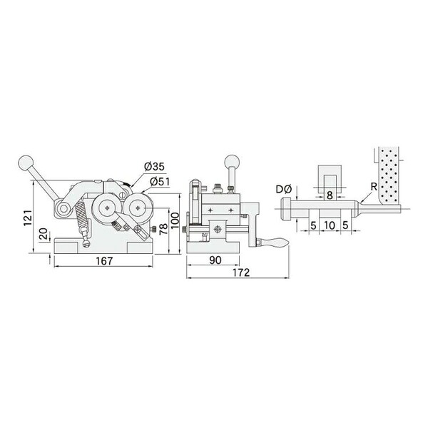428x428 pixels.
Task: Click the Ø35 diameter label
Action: click(x=155, y=166)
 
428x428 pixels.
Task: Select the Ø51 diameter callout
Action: click(x=160, y=181)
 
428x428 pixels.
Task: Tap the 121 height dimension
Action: click(x=29, y=218)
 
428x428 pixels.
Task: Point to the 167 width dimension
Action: click(x=104, y=261)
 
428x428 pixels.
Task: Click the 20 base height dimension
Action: click(x=44, y=234)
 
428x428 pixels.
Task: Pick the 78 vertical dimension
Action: click(x=163, y=229)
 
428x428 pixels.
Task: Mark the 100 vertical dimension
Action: click(x=175, y=220)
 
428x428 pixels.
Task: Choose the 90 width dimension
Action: click(x=215, y=260)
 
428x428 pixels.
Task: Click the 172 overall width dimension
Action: click(x=241, y=272)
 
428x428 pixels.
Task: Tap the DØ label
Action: click(x=284, y=189)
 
